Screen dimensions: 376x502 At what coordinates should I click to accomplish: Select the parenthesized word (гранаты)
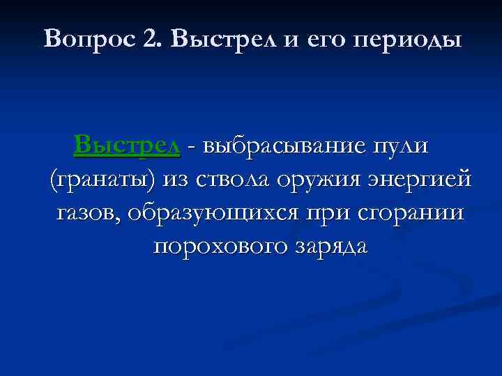(102, 180)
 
